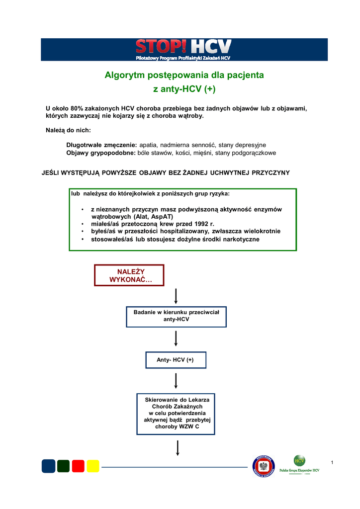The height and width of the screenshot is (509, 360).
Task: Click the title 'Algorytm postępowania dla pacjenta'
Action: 184,76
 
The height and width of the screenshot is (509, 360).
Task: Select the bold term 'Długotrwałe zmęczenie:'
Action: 101,145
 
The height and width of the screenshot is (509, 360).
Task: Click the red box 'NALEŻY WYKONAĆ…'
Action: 129,275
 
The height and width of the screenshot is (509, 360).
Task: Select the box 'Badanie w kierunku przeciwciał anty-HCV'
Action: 177,316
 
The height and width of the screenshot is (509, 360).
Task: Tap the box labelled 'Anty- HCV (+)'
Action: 176,359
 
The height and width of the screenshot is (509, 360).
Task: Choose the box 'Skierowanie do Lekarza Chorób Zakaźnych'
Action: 177,413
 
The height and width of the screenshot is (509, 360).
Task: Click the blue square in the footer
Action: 48,466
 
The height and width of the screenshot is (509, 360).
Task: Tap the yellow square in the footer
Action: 93,466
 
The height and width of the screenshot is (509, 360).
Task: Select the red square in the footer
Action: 78,466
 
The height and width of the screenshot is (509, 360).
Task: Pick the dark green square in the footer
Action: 63,466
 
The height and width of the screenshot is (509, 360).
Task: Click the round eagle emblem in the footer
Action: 264,466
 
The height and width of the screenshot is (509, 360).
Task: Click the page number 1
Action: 332,463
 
